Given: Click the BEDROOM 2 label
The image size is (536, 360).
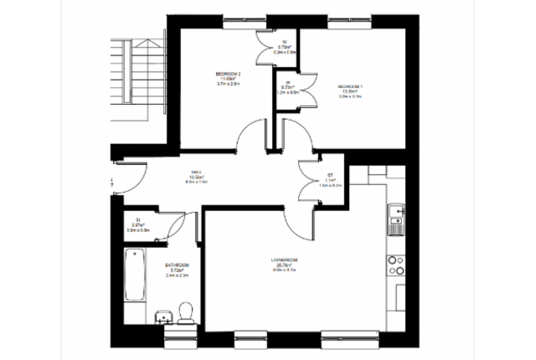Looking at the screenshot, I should [228, 75].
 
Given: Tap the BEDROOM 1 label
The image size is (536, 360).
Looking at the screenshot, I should [349, 86].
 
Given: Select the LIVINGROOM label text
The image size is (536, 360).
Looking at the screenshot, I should [285, 261].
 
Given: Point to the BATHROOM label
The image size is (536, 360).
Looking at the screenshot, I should [178, 265].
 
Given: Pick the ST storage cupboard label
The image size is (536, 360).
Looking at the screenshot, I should [331, 175].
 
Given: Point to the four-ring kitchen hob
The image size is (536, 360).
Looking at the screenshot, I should [394, 265].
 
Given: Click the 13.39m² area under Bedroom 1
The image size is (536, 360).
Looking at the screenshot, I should [349, 91].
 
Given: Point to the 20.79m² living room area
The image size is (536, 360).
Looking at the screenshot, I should [285, 266].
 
